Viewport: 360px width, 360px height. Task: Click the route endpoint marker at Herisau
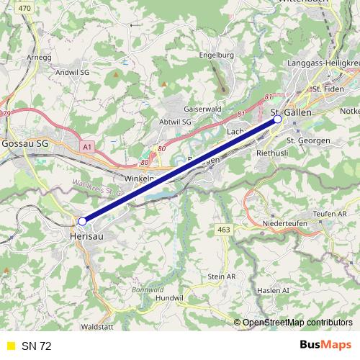click(82, 221)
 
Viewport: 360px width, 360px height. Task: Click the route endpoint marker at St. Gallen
click(278, 120)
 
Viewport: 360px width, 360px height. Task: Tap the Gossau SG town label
click(25, 143)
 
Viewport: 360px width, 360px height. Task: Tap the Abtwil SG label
click(175, 122)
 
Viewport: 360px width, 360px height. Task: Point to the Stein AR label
click(222, 276)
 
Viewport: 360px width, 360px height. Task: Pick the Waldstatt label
click(96, 326)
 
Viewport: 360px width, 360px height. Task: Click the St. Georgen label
click(308, 139)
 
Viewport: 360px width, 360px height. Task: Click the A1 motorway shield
click(87, 147)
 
